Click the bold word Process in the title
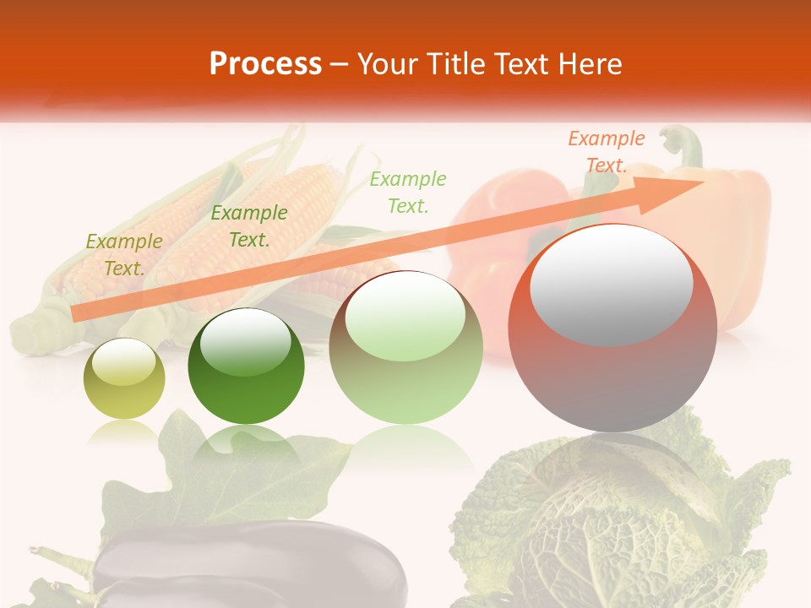pyautogui.click(x=265, y=64)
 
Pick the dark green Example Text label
pyautogui.click(x=248, y=226)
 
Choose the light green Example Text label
pyautogui.click(x=407, y=192)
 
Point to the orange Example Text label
pyautogui.click(x=606, y=152)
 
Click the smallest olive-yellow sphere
pyautogui.click(x=124, y=379)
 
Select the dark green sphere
pyautogui.click(x=246, y=366)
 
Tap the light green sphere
pyautogui.click(x=405, y=348)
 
